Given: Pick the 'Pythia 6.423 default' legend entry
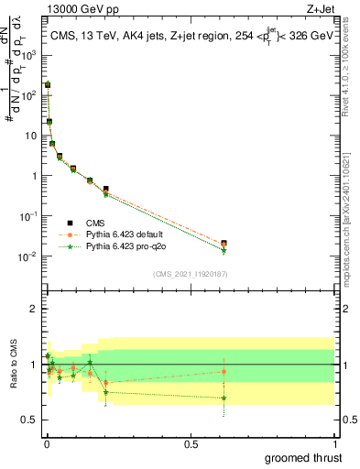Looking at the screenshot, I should [x=125, y=234].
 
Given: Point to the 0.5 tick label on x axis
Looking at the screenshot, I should [x=191, y=443].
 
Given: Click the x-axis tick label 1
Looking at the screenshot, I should [x=334, y=443].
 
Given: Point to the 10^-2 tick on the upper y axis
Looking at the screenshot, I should [x=27, y=256].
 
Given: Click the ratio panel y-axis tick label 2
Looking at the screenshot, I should [x=33, y=309].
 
